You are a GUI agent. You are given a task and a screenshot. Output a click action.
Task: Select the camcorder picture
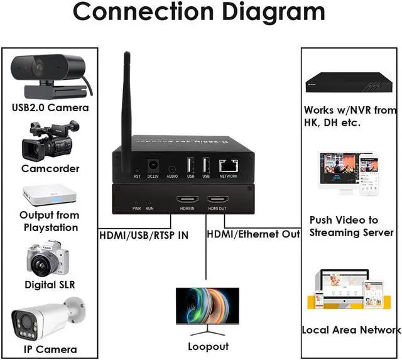pos(50,141)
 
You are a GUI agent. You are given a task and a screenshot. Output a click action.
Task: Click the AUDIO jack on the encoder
pos(172,168)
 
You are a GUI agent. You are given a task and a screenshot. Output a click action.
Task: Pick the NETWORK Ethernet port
pos(228,166)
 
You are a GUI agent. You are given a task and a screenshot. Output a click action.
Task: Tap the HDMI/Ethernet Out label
pos(253,234)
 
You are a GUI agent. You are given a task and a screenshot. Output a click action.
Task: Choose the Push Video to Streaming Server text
pos(352,226)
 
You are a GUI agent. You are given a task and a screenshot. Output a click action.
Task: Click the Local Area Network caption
pos(350,330)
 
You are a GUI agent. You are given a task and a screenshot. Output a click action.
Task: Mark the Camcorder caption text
pos(50,168)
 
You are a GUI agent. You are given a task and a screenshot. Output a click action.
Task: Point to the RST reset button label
pos(137,177)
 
